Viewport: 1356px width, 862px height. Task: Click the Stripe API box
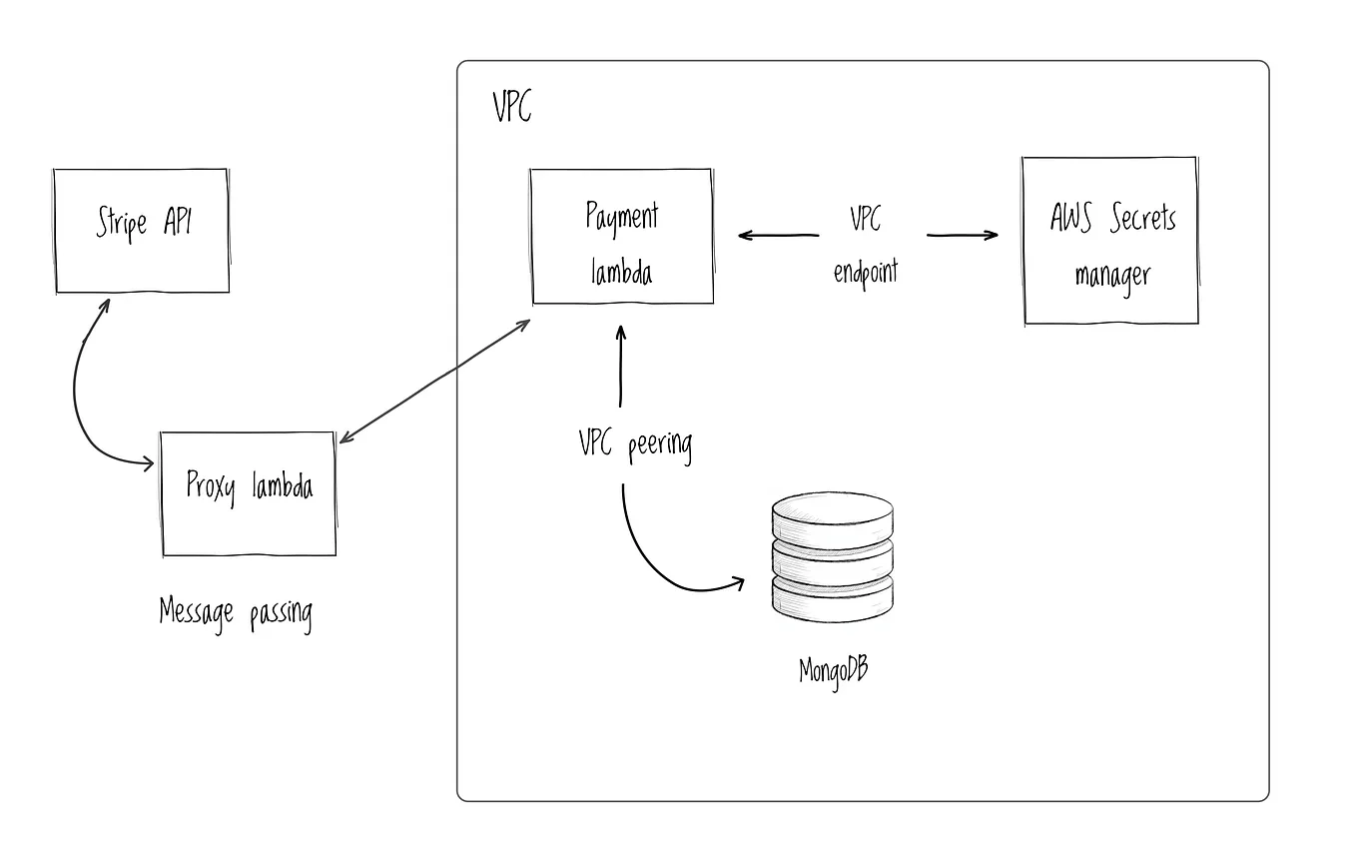142,231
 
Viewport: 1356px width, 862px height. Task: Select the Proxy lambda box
249,493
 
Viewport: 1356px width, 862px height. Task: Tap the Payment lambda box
621,237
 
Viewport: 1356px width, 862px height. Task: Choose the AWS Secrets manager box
1110,241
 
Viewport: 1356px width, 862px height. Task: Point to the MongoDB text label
833,668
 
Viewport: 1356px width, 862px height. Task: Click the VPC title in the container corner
512,106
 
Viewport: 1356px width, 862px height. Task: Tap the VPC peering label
635,443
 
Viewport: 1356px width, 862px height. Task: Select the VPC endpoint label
865,245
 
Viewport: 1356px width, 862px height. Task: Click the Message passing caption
236,610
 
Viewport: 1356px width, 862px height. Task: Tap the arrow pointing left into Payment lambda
778,236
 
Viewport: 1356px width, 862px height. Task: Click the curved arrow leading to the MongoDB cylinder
659,559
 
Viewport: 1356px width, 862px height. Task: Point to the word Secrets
1142,219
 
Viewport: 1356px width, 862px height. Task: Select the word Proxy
212,487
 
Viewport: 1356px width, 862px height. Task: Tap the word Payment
621,217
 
